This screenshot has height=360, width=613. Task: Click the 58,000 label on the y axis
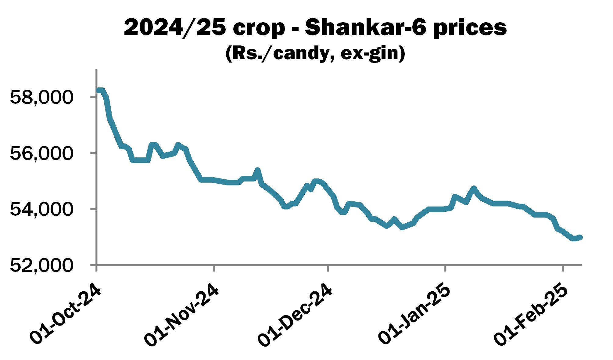(42, 97)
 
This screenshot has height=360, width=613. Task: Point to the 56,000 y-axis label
(42, 153)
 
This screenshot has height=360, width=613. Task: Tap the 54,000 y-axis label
(42, 209)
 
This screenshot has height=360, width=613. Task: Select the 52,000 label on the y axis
(42, 265)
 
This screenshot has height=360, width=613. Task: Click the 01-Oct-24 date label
(66, 314)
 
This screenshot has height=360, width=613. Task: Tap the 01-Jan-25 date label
(414, 314)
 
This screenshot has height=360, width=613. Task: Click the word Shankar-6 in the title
(365, 27)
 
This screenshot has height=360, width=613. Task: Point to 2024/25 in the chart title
(175, 27)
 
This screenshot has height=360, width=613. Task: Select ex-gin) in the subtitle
(373, 53)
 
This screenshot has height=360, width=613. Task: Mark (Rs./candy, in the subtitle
(280, 53)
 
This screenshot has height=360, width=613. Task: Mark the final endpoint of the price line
(580, 237)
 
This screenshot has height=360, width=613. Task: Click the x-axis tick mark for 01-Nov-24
(214, 268)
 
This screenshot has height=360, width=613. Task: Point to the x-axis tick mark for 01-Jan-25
(445, 268)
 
